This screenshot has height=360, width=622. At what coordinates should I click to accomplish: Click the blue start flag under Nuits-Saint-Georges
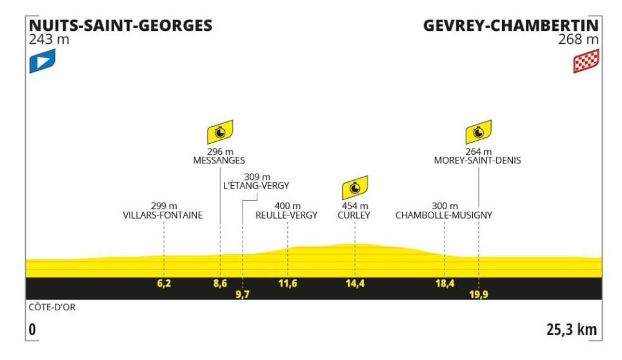pyautogui.click(x=42, y=61)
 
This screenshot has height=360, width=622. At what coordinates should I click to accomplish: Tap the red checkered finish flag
pyautogui.click(x=586, y=61)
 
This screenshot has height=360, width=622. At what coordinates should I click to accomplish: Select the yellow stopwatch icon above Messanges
pyautogui.click(x=220, y=132)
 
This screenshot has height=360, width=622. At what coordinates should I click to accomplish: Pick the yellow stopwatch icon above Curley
pyautogui.click(x=355, y=188)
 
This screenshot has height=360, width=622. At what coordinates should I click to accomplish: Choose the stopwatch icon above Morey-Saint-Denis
pyautogui.click(x=478, y=132)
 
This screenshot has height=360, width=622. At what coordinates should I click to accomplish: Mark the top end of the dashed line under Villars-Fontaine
pyautogui.click(x=164, y=222)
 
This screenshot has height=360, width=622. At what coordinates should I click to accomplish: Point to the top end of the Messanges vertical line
pyautogui.click(x=220, y=167)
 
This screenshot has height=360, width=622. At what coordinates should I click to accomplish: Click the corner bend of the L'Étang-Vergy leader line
pyautogui.click(x=243, y=200)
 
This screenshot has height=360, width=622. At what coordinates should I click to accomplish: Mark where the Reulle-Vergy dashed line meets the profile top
pyautogui.click(x=288, y=248)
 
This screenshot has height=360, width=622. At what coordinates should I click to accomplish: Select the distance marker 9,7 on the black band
pyautogui.click(x=243, y=294)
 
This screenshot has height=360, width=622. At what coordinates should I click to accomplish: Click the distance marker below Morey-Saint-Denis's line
pyautogui.click(x=478, y=294)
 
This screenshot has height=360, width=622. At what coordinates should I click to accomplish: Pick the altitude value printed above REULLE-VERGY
pyautogui.click(x=287, y=206)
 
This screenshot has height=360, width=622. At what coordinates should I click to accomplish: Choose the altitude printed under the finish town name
pyautogui.click(x=578, y=39)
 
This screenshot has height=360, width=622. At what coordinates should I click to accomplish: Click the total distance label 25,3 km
pyautogui.click(x=572, y=330)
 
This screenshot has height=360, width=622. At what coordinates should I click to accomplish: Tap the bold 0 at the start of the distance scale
pyautogui.click(x=32, y=330)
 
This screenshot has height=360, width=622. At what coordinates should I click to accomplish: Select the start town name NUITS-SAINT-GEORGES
pyautogui.click(x=121, y=25)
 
